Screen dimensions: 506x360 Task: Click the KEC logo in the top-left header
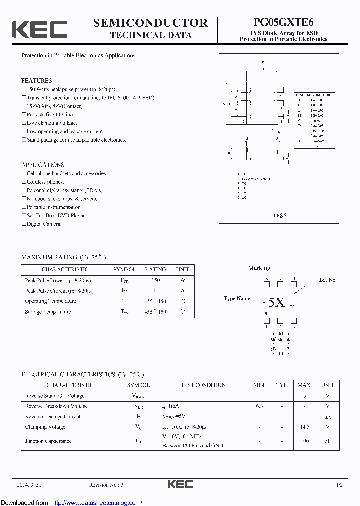(x=39, y=29)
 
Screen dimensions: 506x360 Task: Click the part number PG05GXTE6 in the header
(x=283, y=23)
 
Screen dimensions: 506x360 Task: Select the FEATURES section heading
(x=36, y=80)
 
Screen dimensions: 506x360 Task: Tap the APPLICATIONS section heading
(x=43, y=165)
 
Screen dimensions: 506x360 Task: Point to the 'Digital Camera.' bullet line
(x=44, y=224)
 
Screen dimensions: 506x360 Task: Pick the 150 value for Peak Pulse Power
(x=155, y=280)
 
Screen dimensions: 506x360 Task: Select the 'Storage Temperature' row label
(x=48, y=312)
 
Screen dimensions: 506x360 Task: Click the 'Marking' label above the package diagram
(x=259, y=268)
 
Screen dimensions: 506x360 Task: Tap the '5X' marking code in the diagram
(x=276, y=302)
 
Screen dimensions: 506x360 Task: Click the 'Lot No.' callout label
(x=328, y=280)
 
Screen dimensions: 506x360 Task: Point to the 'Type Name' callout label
(x=237, y=299)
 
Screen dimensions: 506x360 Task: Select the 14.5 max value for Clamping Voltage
(x=305, y=427)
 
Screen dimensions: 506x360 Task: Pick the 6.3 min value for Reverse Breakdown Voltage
(x=259, y=406)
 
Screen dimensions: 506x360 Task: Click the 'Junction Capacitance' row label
(x=48, y=441)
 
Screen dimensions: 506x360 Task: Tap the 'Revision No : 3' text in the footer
(x=106, y=485)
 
